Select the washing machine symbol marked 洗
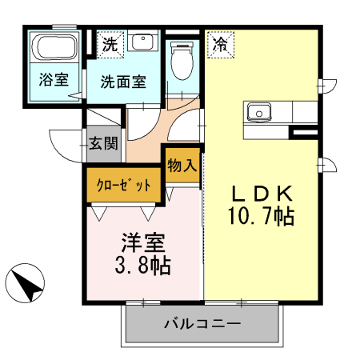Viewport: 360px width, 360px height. pos(109,45)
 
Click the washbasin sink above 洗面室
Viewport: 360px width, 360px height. pos(143,42)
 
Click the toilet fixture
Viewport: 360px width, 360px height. pos(182,60)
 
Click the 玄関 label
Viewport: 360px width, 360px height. pos(103,144)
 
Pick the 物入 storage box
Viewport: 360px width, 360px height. pos(182,166)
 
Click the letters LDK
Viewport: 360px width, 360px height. pos(263,194)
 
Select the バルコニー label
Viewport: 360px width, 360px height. pos(202,325)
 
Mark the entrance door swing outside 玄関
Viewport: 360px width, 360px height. pos(66,144)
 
